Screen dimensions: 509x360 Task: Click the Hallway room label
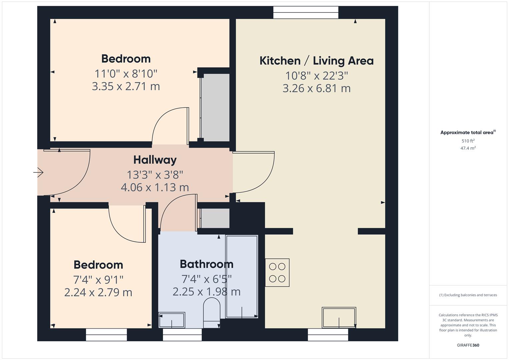(155, 160)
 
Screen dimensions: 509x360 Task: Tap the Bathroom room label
(207, 264)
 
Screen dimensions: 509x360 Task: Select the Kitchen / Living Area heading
(317, 61)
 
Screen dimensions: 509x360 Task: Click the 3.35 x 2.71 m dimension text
(126, 87)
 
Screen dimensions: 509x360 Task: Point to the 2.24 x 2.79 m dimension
(98, 293)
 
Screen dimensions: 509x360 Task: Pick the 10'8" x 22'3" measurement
(317, 76)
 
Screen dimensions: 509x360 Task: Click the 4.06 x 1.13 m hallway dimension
(155, 187)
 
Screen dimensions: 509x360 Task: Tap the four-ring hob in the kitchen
(277, 273)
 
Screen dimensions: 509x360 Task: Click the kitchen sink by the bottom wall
(339, 317)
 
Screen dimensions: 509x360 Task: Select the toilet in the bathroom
(212, 313)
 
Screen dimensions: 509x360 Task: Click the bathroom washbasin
(172, 320)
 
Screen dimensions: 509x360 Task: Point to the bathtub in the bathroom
(242, 276)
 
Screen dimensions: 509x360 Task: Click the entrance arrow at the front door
(38, 172)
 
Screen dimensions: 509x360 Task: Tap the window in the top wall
(306, 12)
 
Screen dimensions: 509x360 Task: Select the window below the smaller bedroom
(106, 335)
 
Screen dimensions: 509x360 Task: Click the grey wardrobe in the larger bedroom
(215, 107)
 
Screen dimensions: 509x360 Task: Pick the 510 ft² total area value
(468, 141)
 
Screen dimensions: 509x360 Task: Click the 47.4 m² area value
(468, 148)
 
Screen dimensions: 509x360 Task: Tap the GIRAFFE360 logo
(468, 345)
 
